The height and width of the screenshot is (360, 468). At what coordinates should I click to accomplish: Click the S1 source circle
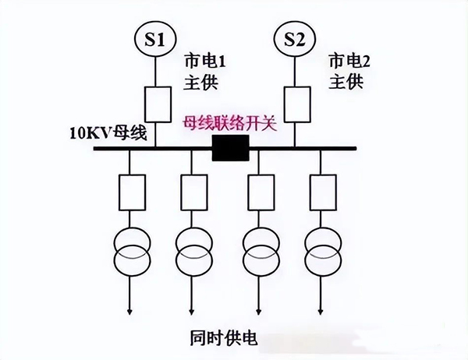[157, 40]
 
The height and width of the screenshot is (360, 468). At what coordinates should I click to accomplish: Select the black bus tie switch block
[229, 146]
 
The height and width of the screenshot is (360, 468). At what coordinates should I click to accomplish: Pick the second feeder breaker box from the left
[193, 190]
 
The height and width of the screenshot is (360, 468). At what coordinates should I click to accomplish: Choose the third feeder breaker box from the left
[259, 190]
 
